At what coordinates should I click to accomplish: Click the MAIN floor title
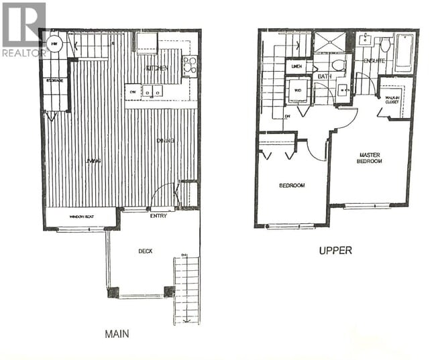tap(117, 334)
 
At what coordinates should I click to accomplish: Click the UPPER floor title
tap(335, 251)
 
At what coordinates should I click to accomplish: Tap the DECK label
tap(146, 251)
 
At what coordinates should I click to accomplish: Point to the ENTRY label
tap(160, 216)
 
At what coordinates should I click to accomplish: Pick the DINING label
tap(166, 141)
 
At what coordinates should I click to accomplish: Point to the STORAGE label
tap(55, 80)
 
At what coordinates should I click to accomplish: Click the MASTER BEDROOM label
tap(368, 158)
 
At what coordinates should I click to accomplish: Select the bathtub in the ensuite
tap(404, 52)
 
